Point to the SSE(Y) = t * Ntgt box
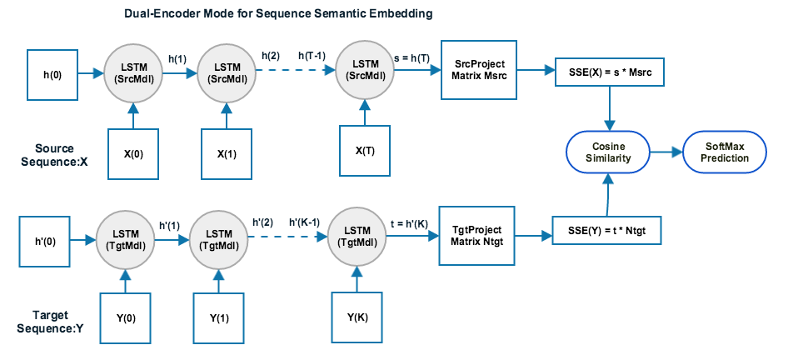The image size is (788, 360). point(607,229)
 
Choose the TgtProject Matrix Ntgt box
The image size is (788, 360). point(474,235)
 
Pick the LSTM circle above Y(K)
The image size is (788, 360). point(357,237)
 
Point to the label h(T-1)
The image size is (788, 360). point(313,54)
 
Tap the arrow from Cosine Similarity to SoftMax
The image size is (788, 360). point(664,152)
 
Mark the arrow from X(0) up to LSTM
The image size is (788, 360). point(132,114)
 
